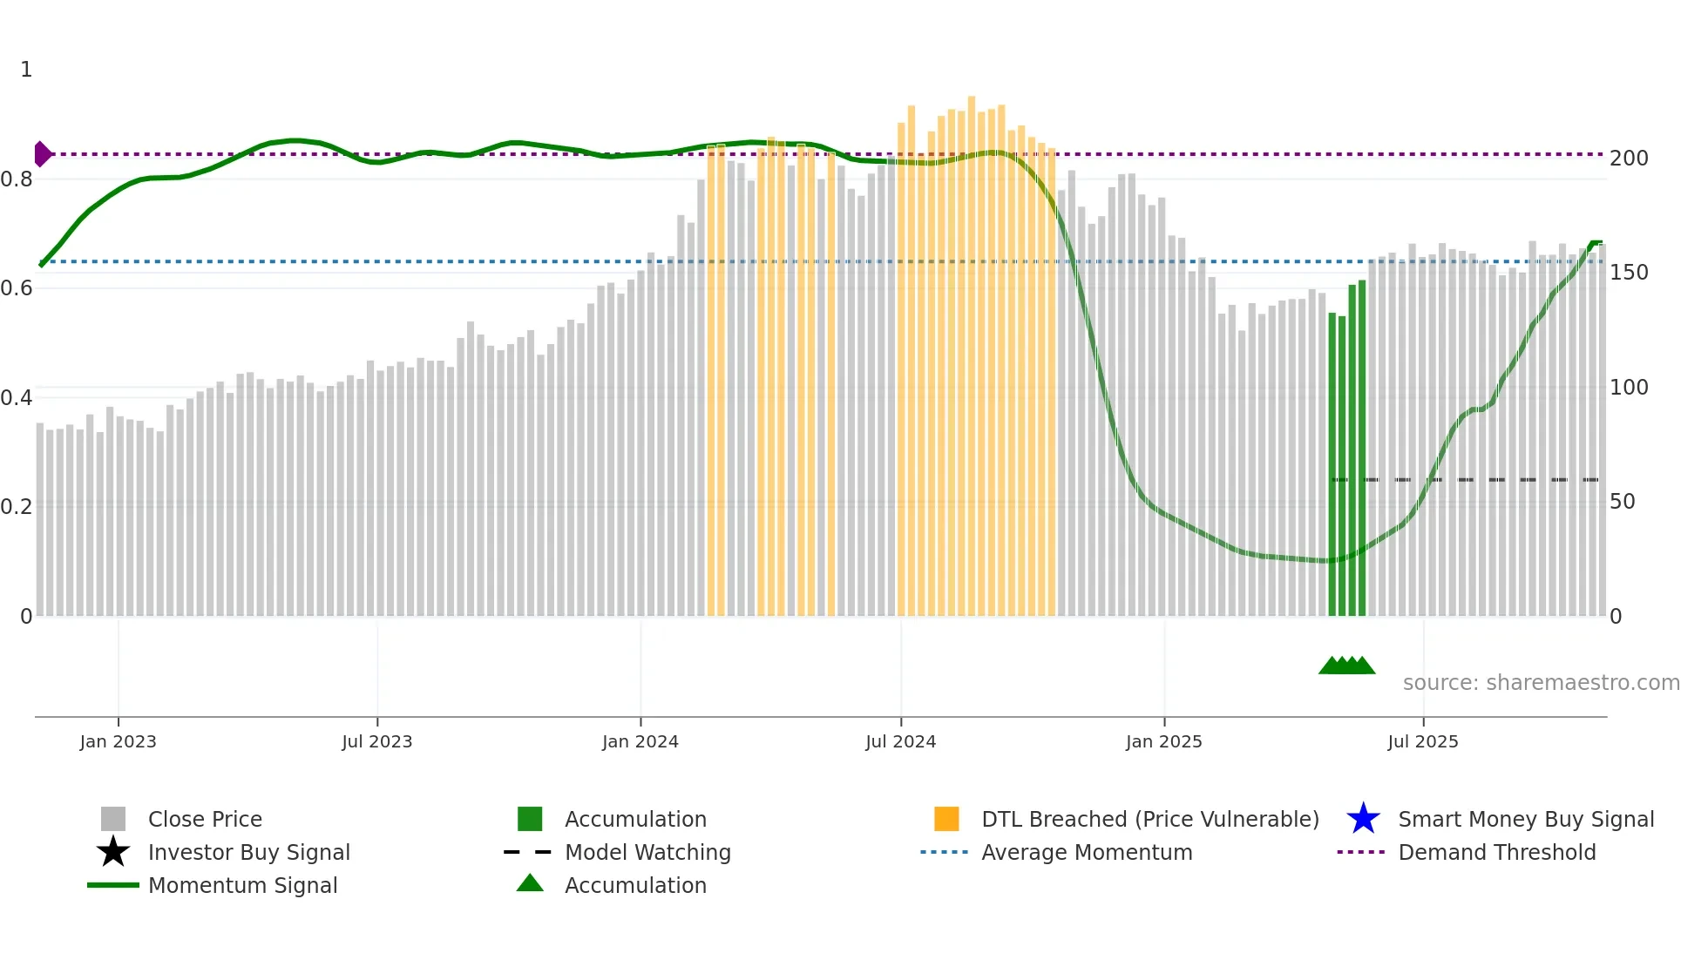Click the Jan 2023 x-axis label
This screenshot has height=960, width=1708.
(118, 742)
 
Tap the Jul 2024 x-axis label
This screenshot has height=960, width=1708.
(900, 742)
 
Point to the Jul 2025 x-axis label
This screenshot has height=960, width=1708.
(1422, 742)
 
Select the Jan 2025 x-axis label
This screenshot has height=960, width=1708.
(1163, 742)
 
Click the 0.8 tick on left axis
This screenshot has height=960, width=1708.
(17, 179)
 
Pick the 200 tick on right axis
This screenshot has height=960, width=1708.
(1629, 159)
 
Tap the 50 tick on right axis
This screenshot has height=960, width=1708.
(1622, 502)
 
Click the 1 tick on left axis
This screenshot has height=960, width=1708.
(26, 70)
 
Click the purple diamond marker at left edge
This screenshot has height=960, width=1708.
(42, 154)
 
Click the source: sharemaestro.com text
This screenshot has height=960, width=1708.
(1541, 683)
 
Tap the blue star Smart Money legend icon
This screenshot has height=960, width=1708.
(1363, 819)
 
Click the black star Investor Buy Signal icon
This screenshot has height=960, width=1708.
(113, 852)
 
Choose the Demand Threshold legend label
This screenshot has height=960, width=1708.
(1496, 852)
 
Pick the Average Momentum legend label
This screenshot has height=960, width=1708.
(1087, 852)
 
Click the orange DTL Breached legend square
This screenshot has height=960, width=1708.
(946, 819)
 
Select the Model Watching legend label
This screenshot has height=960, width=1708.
(647, 852)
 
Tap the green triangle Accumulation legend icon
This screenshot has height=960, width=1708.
(530, 884)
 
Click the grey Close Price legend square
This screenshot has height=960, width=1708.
(113, 819)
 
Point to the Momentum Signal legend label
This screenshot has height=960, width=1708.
(242, 885)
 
